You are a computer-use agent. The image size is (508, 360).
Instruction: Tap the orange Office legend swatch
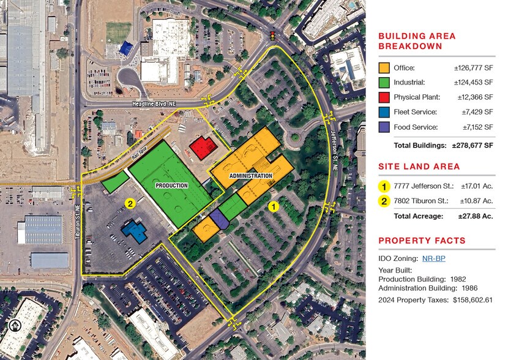(x=384, y=67)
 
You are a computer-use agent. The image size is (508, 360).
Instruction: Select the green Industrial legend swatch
(x=384, y=82)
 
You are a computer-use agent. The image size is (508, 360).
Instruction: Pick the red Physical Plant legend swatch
(x=384, y=97)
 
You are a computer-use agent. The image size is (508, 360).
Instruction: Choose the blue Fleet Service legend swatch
(x=384, y=112)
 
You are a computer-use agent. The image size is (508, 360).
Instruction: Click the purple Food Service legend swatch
(x=384, y=127)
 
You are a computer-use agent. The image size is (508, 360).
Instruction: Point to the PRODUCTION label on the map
(x=171, y=185)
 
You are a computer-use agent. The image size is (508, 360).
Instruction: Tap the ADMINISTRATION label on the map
(x=250, y=176)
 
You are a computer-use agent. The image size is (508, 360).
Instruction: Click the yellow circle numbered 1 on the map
(x=274, y=206)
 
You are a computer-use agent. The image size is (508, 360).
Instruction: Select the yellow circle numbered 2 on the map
(x=129, y=203)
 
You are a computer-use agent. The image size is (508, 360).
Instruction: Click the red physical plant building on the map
(x=201, y=148)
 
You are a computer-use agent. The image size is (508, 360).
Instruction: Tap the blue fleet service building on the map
(x=135, y=231)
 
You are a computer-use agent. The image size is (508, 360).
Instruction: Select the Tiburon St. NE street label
(x=78, y=214)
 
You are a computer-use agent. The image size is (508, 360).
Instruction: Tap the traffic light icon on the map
(x=272, y=36)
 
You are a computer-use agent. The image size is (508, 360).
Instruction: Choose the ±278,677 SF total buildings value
(x=473, y=146)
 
